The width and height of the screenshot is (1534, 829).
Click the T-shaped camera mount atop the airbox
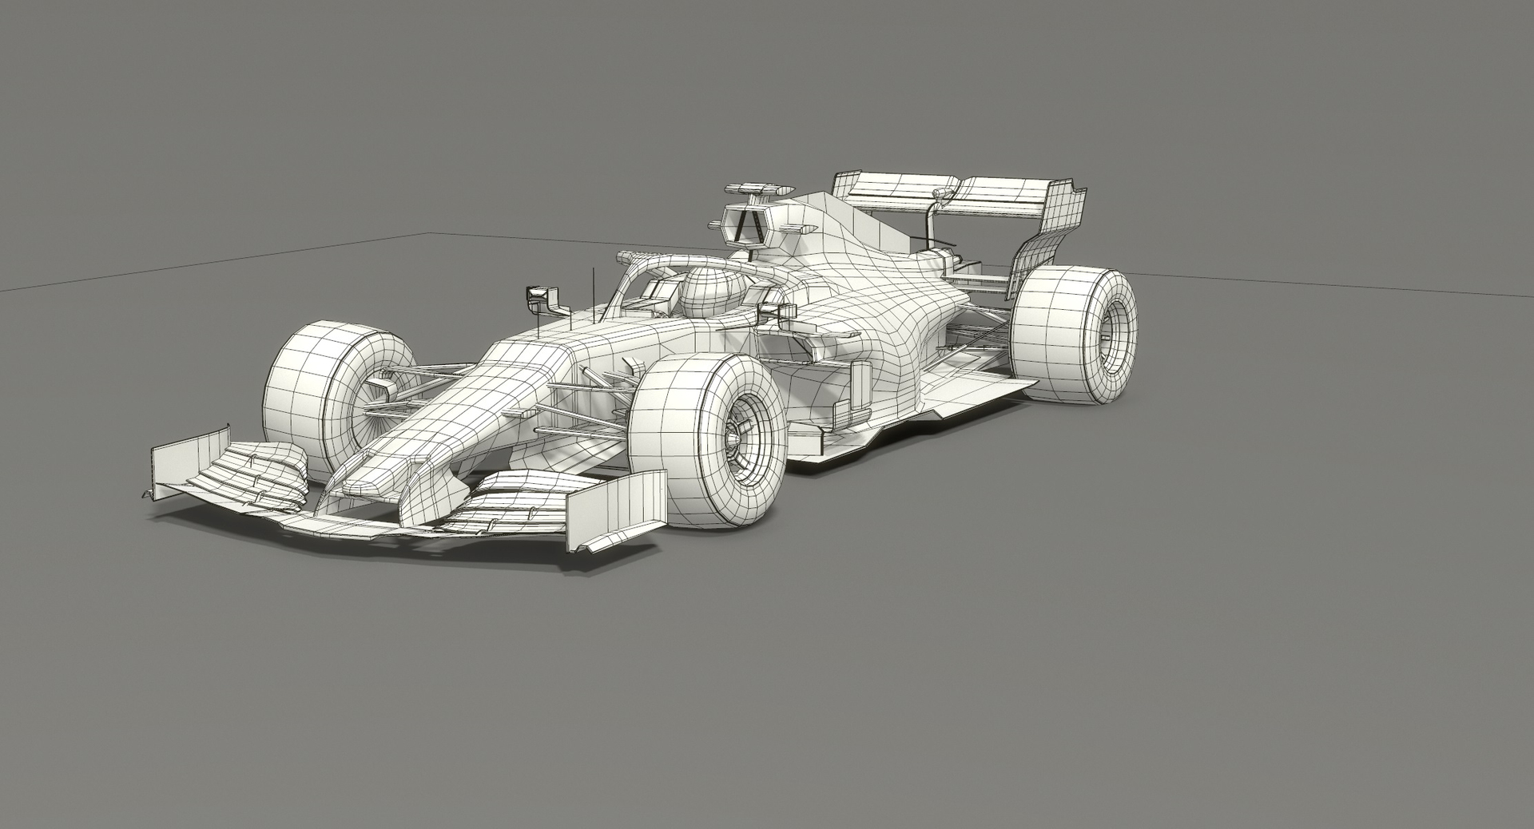click(755, 188)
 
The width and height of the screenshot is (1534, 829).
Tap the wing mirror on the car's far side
click(542, 297)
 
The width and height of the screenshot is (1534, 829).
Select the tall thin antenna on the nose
click(594, 296)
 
